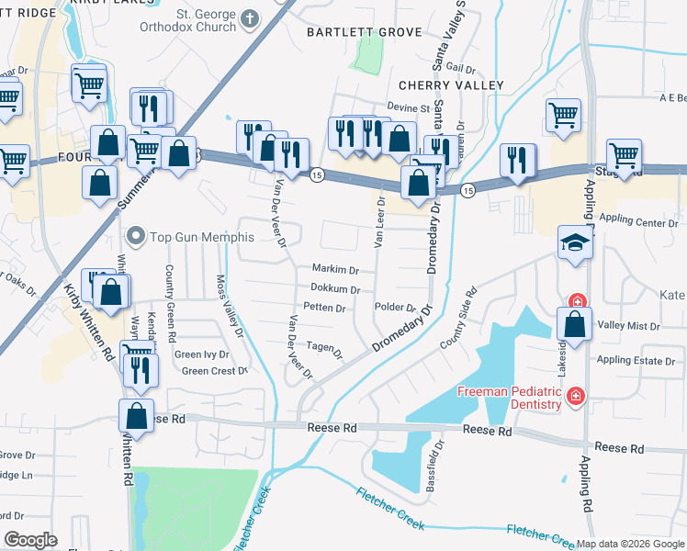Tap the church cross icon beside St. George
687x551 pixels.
(x=248, y=18)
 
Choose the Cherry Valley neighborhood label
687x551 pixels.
(x=451, y=85)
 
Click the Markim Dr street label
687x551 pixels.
(x=335, y=270)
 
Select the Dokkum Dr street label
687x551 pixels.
(x=334, y=289)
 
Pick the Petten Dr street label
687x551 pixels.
(x=323, y=308)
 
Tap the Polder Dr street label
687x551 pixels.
(x=396, y=308)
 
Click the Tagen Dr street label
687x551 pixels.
(x=324, y=349)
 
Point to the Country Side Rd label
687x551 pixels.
(x=459, y=320)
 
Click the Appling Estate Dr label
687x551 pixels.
(x=636, y=361)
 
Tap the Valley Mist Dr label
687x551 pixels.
(x=629, y=326)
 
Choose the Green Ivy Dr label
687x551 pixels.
(x=201, y=354)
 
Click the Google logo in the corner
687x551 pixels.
(x=30, y=540)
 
